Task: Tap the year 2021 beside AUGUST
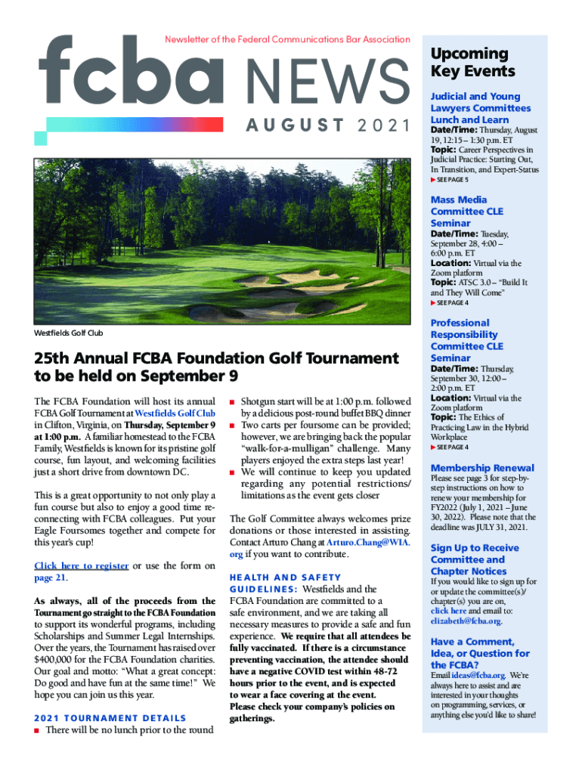[385, 125]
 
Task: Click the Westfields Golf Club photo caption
[69, 333]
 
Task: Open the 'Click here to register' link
[82, 565]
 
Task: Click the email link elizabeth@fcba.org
[465, 621]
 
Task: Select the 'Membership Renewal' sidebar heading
[481, 468]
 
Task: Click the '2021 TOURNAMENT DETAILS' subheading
[110, 718]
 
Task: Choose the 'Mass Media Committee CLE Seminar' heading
[466, 212]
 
